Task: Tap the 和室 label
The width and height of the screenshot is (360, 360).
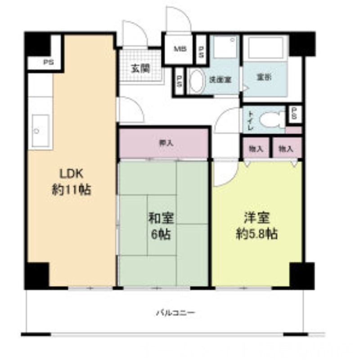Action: [161, 219]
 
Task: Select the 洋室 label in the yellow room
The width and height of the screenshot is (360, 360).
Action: [256, 219]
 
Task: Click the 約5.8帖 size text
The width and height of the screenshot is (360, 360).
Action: [256, 234]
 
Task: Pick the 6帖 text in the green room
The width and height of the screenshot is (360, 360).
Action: [161, 234]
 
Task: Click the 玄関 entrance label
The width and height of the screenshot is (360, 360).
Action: [140, 69]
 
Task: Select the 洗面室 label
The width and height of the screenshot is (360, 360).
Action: [220, 79]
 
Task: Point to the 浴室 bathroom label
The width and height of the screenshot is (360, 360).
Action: [264, 77]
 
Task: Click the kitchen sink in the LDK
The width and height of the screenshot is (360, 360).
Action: [40, 130]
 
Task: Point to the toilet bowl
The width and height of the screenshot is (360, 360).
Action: [270, 120]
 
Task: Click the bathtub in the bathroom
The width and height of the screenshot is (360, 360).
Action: [265, 46]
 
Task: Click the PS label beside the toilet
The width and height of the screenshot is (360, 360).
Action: [294, 114]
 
